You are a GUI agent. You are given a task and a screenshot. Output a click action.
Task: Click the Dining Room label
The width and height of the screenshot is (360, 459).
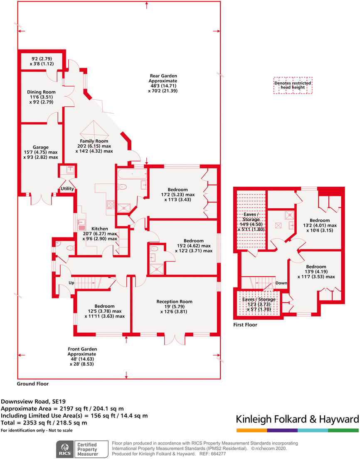[x=41, y=92]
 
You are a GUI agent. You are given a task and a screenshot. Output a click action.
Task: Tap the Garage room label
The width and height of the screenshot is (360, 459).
[x=41, y=147]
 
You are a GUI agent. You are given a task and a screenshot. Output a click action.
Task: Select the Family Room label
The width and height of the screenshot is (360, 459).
[x=94, y=141]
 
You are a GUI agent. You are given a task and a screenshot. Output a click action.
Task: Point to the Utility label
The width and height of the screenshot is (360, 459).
[x=67, y=189]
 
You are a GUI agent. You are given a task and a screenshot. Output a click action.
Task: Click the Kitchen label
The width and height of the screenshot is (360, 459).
[x=100, y=229]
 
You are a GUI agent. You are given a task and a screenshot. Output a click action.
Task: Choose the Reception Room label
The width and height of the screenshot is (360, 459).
[x=174, y=302]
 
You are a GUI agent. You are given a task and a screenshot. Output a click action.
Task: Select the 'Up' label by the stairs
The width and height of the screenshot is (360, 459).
[x=71, y=283]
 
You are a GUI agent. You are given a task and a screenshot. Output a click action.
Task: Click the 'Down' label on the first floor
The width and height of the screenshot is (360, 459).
[x=281, y=283]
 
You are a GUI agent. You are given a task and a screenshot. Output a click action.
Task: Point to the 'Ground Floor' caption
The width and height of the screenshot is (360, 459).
[x=32, y=384]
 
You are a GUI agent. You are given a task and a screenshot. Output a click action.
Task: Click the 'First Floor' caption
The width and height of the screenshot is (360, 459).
[x=245, y=325]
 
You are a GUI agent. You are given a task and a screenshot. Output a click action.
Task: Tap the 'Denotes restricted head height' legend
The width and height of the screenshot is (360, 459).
[x=293, y=85]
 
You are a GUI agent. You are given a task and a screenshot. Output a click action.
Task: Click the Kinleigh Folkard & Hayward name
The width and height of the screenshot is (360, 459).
[x=297, y=419]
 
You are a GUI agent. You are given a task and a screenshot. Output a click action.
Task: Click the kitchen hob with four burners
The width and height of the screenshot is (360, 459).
[x=111, y=204]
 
